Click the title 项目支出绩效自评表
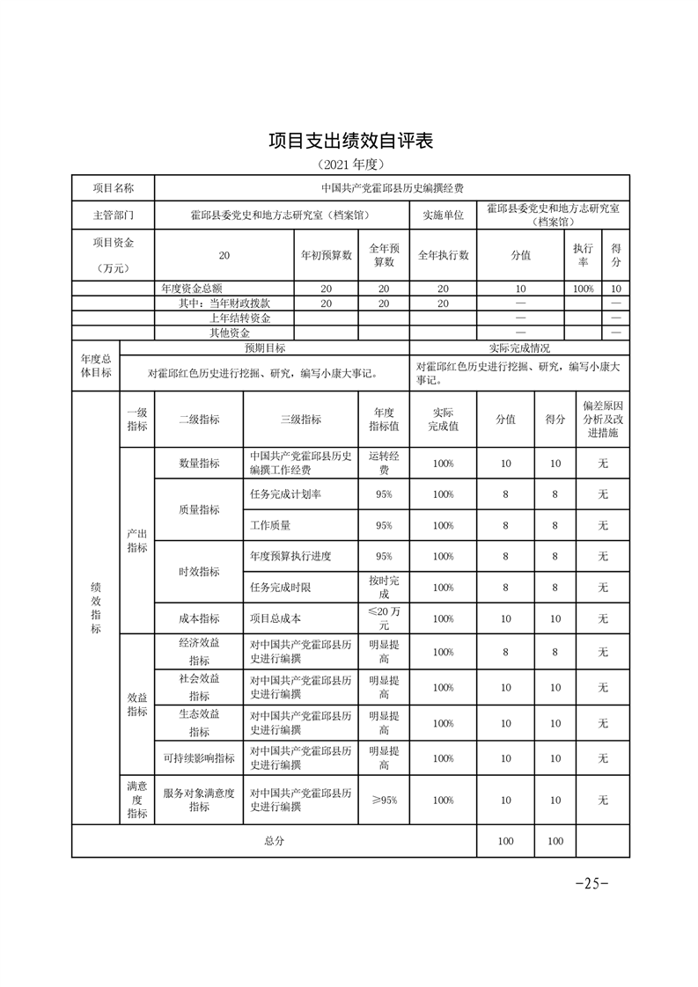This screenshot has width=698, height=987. coord(350,142)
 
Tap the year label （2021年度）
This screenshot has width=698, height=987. coord(350,164)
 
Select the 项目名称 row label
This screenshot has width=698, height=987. coord(114,188)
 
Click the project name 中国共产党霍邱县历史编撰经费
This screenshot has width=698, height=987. coord(392,188)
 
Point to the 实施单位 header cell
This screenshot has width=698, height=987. coord(443,215)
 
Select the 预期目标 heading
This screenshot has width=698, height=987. coord(264,348)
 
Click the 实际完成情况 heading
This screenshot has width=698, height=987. coord(519,348)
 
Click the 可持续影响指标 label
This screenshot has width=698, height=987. coord(199,758)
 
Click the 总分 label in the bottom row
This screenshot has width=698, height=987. coord(274,841)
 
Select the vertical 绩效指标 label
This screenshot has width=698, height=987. coord(95,608)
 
